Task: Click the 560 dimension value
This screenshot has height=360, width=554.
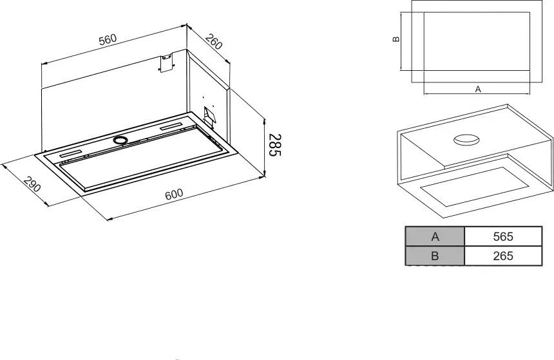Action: tap(108, 39)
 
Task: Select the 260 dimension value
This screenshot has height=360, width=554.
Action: tap(214, 42)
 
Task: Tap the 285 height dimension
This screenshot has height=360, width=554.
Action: tap(274, 145)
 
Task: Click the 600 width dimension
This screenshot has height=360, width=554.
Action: tap(174, 194)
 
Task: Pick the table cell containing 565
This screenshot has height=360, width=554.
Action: tap(502, 236)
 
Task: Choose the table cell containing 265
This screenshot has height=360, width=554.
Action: tap(502, 256)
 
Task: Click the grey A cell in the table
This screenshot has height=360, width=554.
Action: tap(435, 236)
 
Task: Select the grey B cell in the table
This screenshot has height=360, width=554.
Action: tap(435, 256)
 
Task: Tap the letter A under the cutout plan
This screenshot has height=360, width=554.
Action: tap(478, 90)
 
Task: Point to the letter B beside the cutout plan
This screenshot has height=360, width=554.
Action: tap(396, 39)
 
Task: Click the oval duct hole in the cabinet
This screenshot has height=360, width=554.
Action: tap(466, 140)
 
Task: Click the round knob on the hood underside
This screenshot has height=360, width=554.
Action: tap(120, 140)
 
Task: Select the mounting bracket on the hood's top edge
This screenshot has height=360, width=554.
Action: tap(167, 62)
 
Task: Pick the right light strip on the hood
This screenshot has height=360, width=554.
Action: tap(171, 126)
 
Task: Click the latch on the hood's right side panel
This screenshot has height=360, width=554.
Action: tap(209, 115)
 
